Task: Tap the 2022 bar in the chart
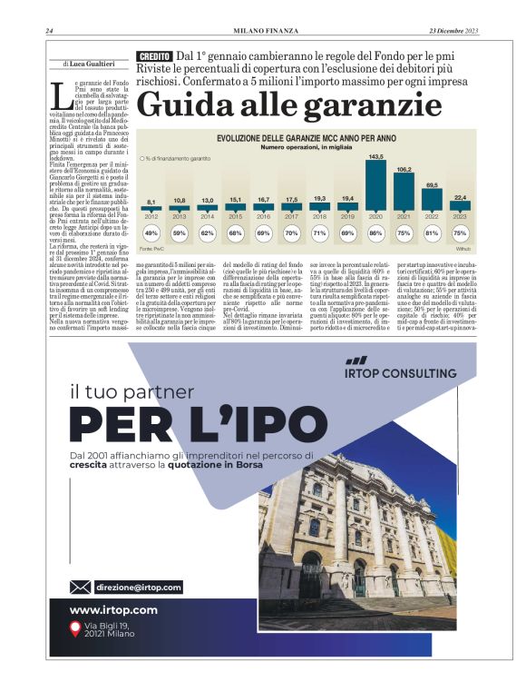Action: point(433,200)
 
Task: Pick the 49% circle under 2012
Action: point(151,233)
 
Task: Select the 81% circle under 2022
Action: point(432,233)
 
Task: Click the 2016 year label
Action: point(264,216)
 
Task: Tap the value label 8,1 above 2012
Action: point(151,202)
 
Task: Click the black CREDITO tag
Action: point(154,56)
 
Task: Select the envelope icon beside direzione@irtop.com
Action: point(80,587)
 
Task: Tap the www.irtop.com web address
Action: point(113,609)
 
